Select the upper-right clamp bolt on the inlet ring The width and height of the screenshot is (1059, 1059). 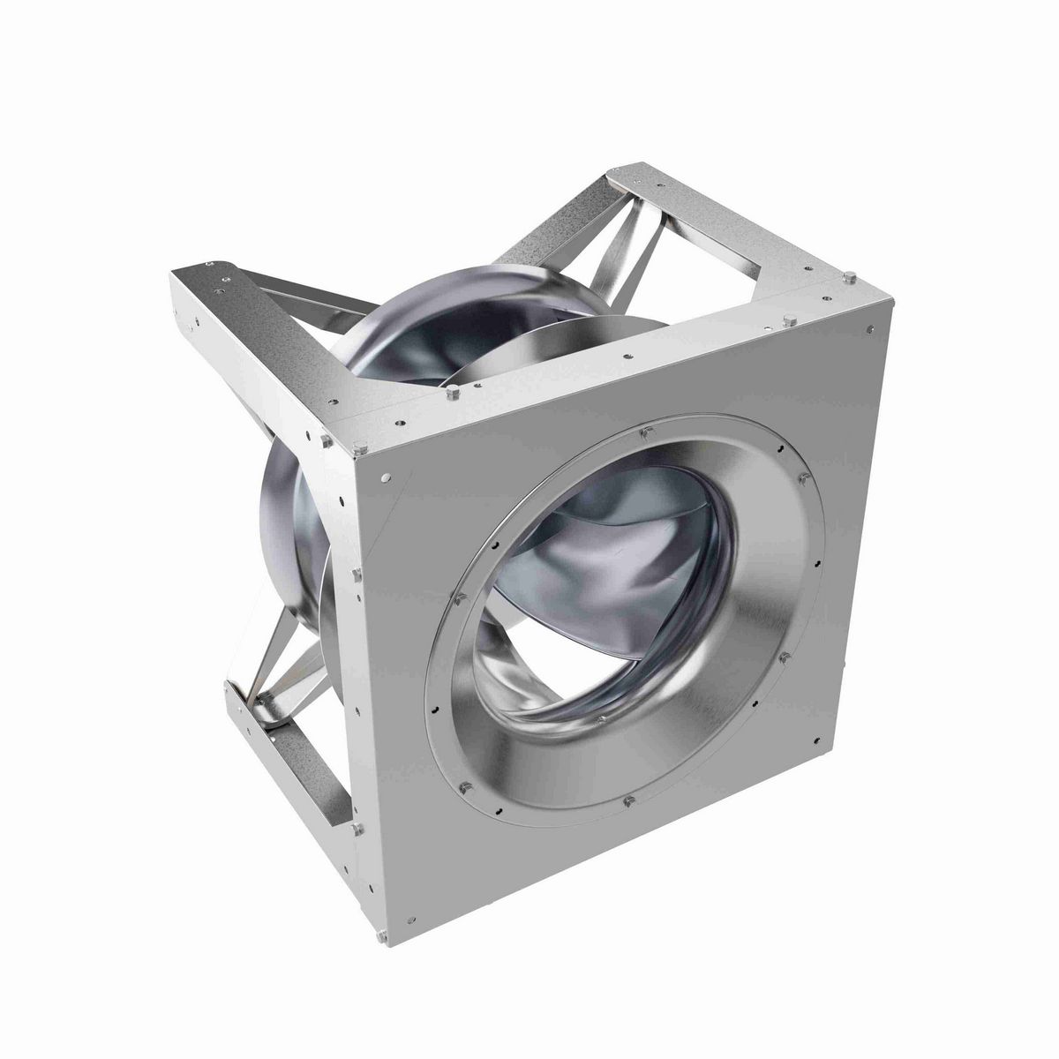(x=801, y=477)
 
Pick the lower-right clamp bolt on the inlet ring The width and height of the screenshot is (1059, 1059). (x=783, y=657)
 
